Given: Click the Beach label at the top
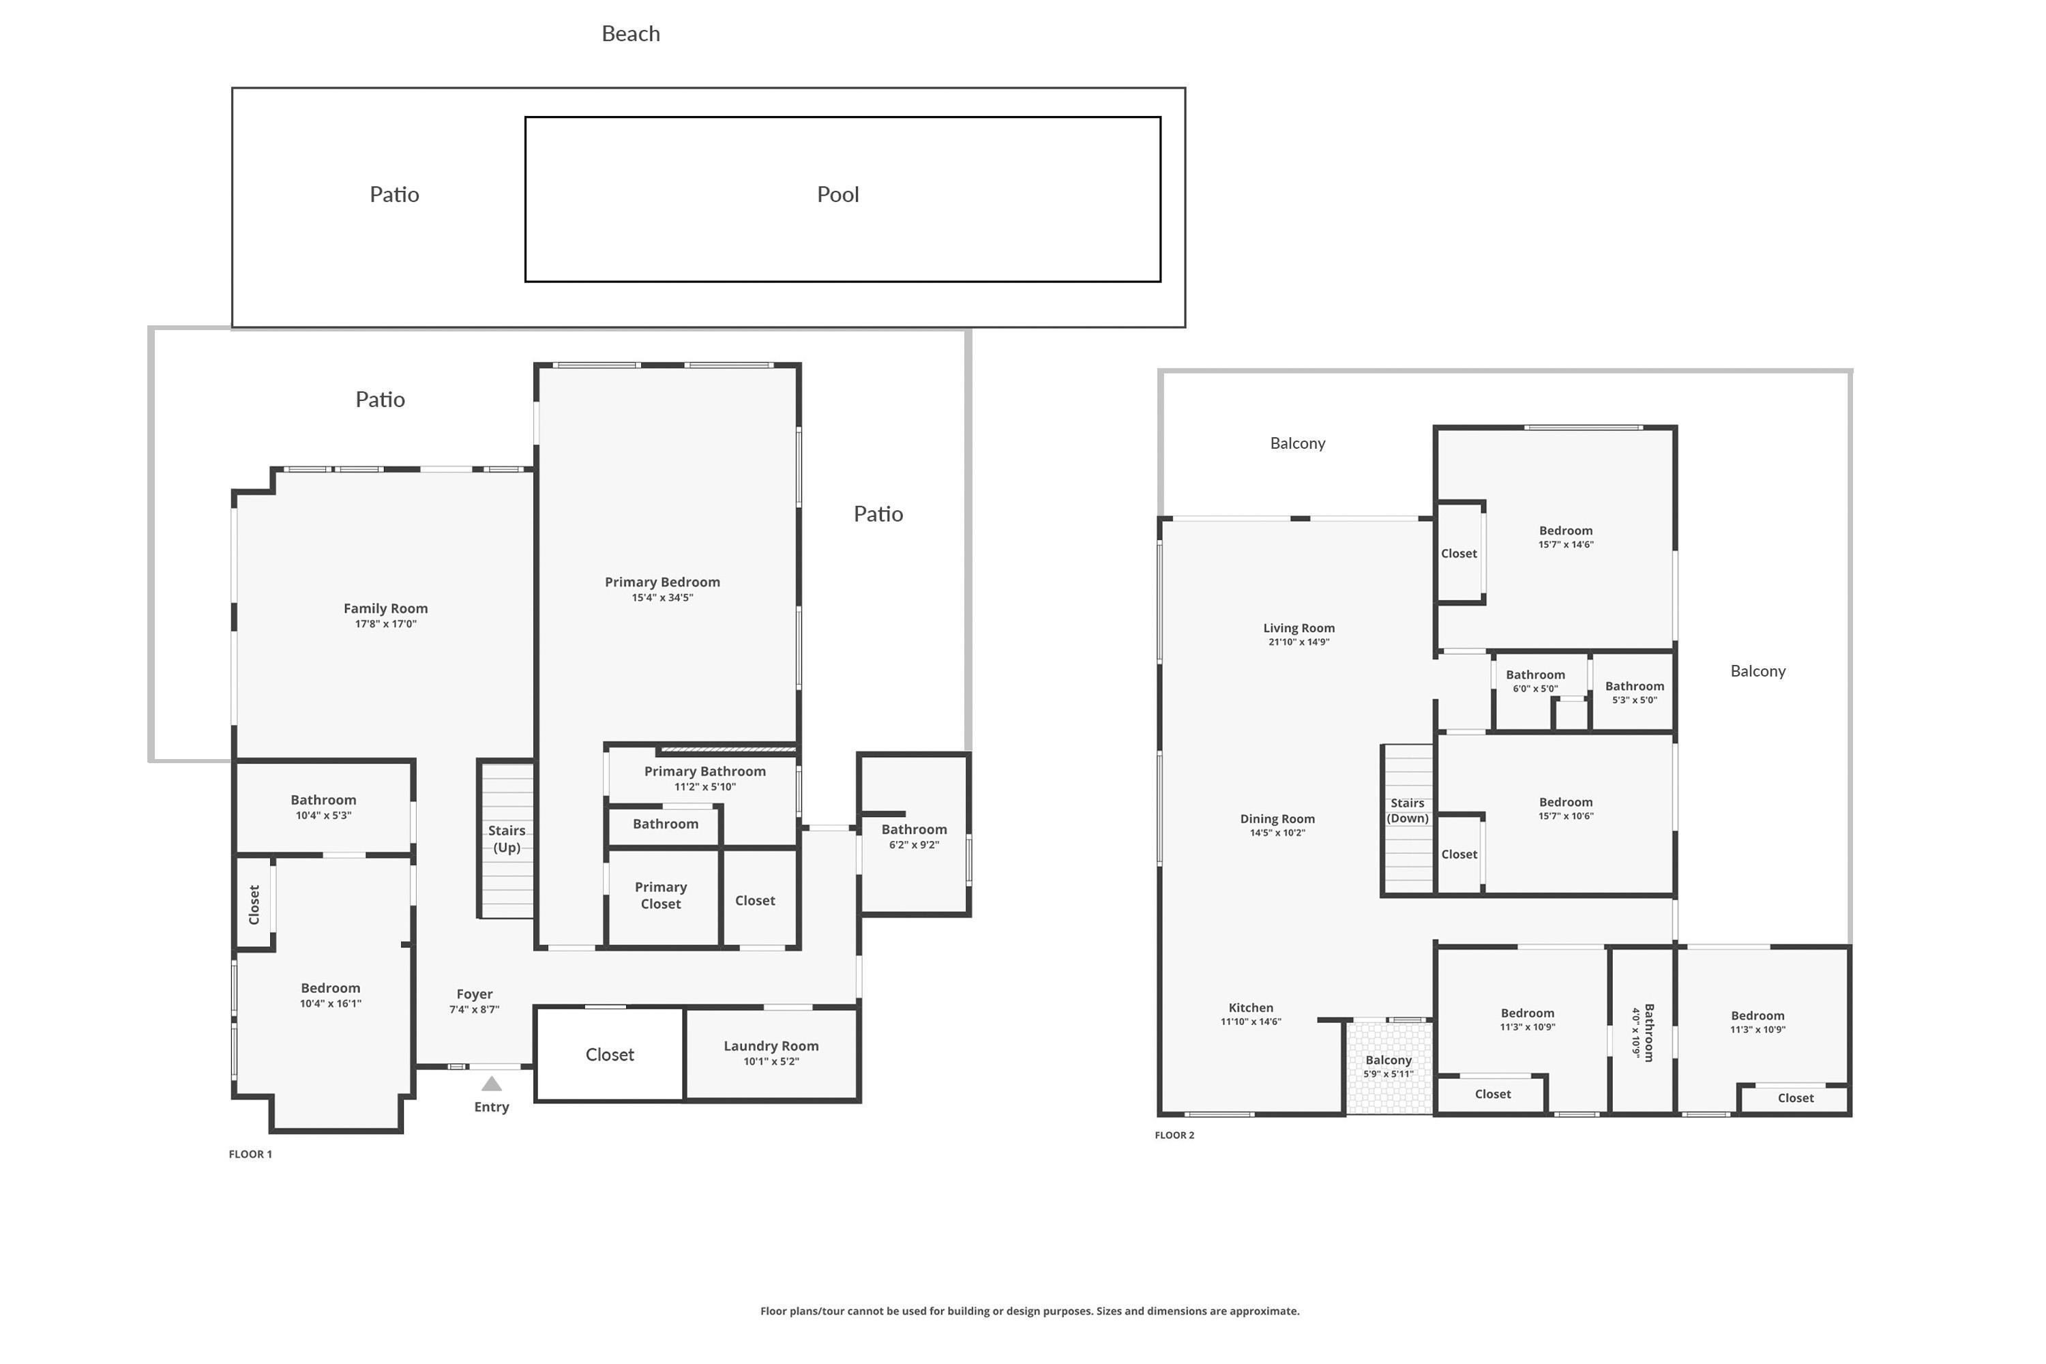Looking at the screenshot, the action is pos(631,34).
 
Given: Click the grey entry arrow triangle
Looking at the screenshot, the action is pos(492,1084).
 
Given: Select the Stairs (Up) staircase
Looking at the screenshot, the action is pos(506,840).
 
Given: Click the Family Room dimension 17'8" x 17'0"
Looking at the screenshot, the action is pos(385,624).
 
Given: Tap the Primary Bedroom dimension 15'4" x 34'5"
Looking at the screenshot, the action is pos(662,597).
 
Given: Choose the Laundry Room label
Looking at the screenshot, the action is pos(771,1046).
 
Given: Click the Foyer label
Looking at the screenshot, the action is pos(474,994).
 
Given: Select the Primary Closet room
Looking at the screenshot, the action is pos(663,897).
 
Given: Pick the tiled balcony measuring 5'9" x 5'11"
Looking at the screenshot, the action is pos(1389,1067).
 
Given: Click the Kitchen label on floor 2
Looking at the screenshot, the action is pos(1251,1007).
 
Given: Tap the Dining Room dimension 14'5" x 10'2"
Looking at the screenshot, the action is pos(1277,833).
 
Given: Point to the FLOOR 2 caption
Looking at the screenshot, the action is pos(1174,1136).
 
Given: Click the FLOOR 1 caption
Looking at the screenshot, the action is pos(250,1155).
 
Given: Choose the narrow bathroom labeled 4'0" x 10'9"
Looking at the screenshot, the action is pos(1642,1030).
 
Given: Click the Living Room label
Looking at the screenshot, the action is pos(1299,628).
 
